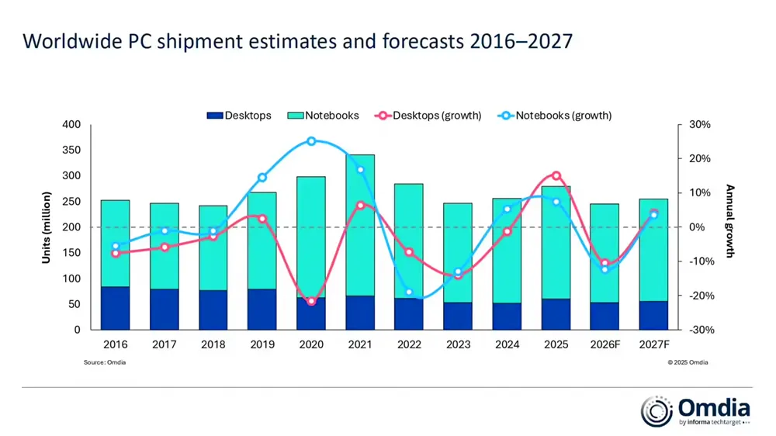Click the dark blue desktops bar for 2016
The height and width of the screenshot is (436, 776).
pos(115,308)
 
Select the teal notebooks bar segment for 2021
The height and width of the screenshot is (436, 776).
pos(360,225)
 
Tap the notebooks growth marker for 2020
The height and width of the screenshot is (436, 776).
pos(311,141)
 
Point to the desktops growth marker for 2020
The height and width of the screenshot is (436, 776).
pos(311,301)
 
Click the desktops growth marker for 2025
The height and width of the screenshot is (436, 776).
pos(556,176)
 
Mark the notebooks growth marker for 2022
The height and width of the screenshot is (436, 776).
pos(409,292)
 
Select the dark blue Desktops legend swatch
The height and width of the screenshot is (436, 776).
pos(215,116)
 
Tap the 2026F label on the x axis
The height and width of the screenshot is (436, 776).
pos(605,344)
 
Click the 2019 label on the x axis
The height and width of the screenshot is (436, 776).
pos(262,344)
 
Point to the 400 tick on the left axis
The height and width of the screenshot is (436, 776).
pos(71,125)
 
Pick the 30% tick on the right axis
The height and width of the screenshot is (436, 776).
pos(699,125)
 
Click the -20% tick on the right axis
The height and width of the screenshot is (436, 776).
pos(699,296)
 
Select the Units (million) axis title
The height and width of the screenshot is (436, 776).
pos(47,227)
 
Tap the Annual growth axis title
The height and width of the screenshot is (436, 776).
pos(729,220)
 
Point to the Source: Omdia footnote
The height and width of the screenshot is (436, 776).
pos(105,362)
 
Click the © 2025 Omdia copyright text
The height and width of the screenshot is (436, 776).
pos(688,362)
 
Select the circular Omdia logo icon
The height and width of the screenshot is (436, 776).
pos(656,411)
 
